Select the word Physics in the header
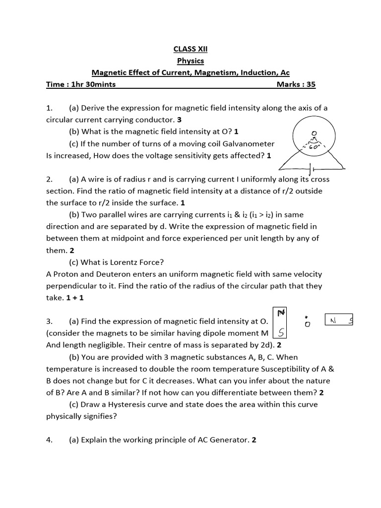click(x=190, y=61)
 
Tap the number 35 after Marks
click(x=311, y=84)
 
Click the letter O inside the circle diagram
click(x=314, y=133)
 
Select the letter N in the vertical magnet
click(x=281, y=313)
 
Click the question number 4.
click(x=49, y=440)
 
